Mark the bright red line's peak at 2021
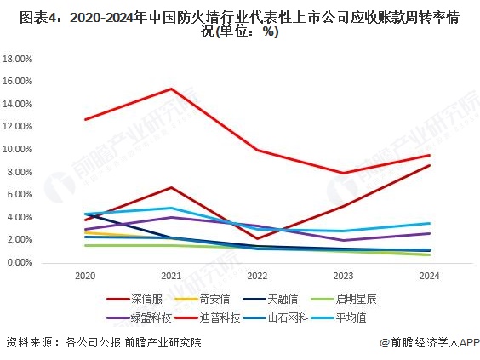click(171, 89)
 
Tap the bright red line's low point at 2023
click(342, 173)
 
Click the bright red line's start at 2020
click(85, 119)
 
